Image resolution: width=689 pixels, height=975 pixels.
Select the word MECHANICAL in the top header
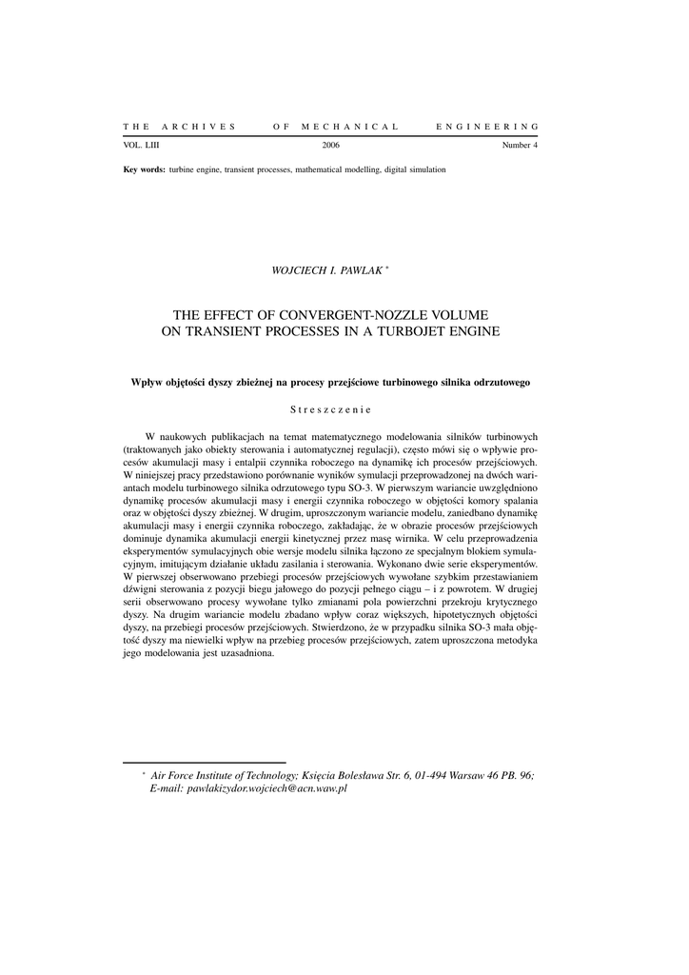(x=349, y=127)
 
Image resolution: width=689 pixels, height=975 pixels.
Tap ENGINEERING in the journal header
(x=487, y=127)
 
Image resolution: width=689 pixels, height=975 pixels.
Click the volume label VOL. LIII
(x=142, y=146)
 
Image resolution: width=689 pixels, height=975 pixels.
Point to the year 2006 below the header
(x=331, y=146)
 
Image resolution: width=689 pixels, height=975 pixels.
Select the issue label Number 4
(x=520, y=146)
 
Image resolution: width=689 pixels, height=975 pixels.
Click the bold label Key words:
(x=145, y=169)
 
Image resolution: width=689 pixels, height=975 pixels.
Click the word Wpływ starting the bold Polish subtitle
(x=147, y=383)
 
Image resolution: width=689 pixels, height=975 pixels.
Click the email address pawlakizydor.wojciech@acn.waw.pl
(x=267, y=789)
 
